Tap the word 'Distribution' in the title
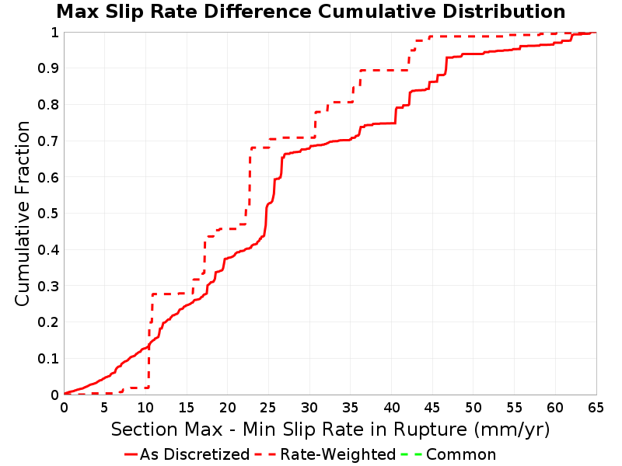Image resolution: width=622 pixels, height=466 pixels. click(504, 12)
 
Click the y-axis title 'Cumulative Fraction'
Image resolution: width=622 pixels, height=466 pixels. click(23, 213)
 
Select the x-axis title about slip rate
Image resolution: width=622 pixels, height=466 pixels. click(330, 429)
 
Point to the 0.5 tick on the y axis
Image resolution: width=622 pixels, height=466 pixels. click(48, 214)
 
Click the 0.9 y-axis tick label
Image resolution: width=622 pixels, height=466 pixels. click(48, 68)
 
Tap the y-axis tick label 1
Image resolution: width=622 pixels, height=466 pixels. click(54, 33)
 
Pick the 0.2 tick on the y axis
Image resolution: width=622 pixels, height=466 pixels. click(48, 322)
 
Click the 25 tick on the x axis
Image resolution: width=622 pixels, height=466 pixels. click(268, 407)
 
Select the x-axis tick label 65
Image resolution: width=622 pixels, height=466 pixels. click(596, 407)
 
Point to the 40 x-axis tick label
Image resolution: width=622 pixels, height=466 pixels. click(392, 407)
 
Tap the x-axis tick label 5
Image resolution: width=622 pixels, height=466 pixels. click(105, 407)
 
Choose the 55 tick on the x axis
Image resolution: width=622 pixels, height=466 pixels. click(514, 407)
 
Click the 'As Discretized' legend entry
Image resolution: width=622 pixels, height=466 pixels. click(187, 454)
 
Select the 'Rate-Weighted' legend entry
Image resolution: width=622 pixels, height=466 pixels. click(326, 454)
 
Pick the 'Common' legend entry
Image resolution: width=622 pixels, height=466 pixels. click(449, 454)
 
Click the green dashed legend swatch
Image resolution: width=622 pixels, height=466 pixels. click(411, 454)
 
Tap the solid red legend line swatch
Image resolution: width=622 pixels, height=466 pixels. click(131, 454)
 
